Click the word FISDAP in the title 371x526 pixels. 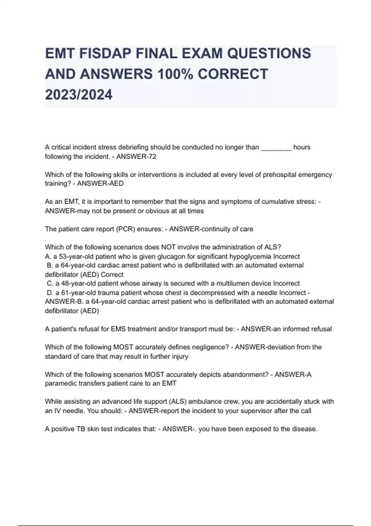105,54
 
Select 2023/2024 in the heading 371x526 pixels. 79,95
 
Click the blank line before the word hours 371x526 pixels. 276,147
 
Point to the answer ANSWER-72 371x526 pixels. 136,157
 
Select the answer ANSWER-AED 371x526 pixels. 100,183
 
